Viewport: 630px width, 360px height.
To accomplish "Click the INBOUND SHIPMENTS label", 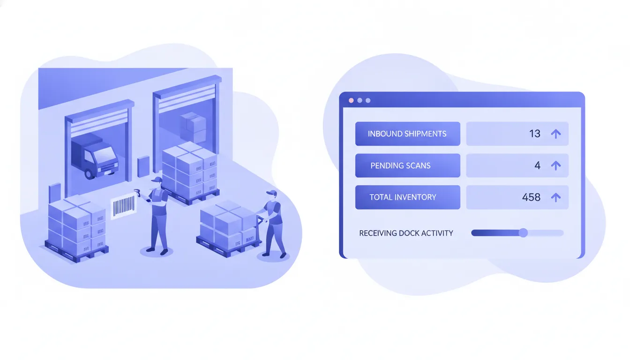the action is [407, 134].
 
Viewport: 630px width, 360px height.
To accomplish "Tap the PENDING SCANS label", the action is [400, 165].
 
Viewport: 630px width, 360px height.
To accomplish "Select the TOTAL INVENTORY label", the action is [403, 197].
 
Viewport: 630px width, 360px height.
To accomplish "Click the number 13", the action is [535, 134].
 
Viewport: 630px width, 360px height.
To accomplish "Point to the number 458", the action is [531, 197].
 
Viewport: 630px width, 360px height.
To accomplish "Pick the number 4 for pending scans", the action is [538, 165].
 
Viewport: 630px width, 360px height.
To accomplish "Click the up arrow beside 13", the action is [556, 134].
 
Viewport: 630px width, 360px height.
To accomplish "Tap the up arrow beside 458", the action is [556, 197].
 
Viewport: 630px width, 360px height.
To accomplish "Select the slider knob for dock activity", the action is [523, 233].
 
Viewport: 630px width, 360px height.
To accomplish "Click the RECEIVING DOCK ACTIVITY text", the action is [406, 233].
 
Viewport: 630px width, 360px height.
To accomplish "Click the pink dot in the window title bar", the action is [351, 100].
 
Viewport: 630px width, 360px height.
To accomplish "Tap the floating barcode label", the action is [124, 206].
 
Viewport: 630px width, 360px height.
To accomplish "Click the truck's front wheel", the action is [90, 174].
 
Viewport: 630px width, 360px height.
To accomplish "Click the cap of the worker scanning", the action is [157, 180].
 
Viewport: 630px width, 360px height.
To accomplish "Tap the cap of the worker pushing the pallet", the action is [271, 193].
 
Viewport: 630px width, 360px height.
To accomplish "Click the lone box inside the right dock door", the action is [194, 127].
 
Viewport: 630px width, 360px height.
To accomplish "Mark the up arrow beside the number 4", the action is [556, 165].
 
